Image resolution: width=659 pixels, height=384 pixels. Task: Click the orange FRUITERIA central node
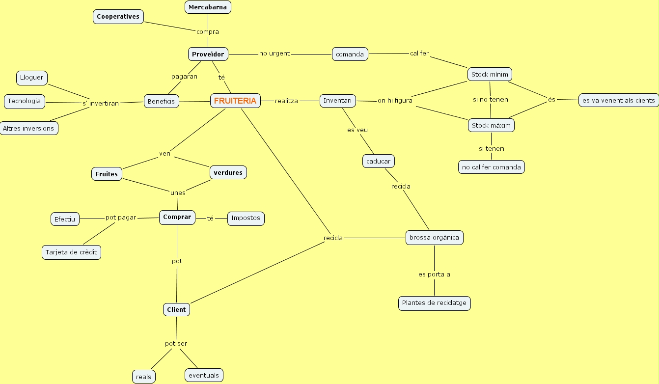click(x=235, y=101)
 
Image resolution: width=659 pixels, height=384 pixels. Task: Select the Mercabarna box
click(x=208, y=7)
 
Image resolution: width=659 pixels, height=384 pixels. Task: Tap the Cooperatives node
click(x=118, y=17)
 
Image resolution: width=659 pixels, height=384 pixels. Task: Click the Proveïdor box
click(x=208, y=54)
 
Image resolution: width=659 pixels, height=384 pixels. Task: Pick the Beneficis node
click(x=161, y=102)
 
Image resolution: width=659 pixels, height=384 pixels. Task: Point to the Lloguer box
click(x=32, y=78)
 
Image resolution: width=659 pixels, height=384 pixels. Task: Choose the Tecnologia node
click(x=24, y=102)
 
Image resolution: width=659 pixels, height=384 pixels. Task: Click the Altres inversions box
click(x=28, y=128)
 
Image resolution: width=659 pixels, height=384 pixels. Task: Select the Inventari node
click(x=337, y=101)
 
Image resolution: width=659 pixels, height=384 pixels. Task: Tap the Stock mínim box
click(x=490, y=75)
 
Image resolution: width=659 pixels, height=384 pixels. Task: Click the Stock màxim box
click(x=491, y=125)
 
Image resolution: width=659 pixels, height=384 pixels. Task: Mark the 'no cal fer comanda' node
click(x=491, y=167)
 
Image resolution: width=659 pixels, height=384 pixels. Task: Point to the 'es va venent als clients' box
click(x=618, y=100)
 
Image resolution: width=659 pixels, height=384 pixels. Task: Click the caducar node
click(x=378, y=161)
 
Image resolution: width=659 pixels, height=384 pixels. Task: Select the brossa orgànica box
click(x=434, y=238)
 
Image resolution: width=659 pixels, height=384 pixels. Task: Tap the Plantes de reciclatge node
click(x=434, y=303)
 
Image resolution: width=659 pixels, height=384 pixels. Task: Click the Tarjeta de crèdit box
click(x=71, y=252)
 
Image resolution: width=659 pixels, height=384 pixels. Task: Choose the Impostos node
click(x=246, y=218)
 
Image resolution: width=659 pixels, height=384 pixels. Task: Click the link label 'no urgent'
click(x=275, y=54)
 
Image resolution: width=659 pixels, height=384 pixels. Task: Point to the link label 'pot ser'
click(x=176, y=344)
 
